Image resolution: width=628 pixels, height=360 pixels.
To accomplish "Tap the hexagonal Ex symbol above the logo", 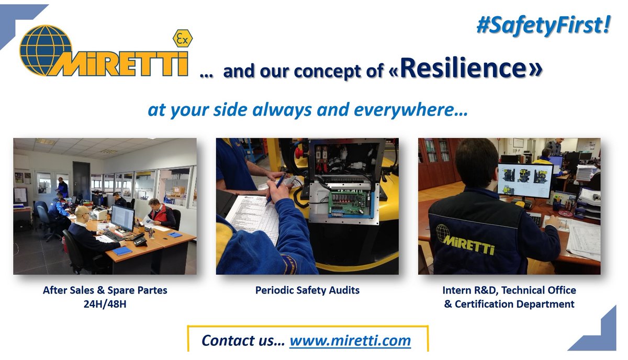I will point(183,39).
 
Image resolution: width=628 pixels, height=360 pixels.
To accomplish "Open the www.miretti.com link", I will point(350,340).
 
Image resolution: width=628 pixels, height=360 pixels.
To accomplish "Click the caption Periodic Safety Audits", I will point(307,289).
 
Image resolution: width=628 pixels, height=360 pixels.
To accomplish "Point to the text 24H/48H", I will point(105,303).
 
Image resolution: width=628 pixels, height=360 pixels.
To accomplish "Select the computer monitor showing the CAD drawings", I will point(524,180).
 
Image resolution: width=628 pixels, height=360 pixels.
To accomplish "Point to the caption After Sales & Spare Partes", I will point(105,289).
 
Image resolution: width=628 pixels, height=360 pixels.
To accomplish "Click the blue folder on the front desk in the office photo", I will point(122,251).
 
